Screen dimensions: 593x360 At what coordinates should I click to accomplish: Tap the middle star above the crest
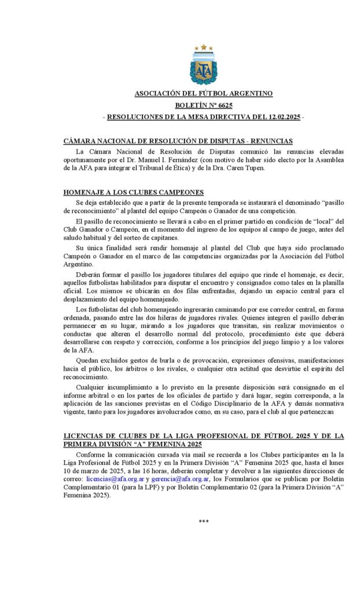203,46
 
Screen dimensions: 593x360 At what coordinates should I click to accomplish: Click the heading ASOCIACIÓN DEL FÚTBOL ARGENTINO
203,93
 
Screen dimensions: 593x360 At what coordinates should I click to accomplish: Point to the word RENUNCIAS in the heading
272,141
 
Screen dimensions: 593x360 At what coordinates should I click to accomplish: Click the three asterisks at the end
203,521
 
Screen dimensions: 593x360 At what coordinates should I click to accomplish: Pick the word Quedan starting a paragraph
88,360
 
